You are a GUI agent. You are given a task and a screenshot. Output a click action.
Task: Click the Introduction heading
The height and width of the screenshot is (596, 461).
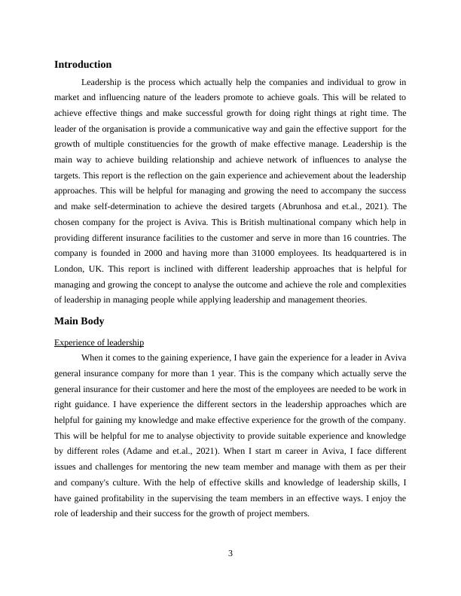click(x=83, y=65)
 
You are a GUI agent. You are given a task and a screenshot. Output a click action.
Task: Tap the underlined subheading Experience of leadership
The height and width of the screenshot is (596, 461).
click(x=99, y=342)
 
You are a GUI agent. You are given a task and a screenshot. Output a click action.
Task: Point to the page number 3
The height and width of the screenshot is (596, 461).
click(x=230, y=554)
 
